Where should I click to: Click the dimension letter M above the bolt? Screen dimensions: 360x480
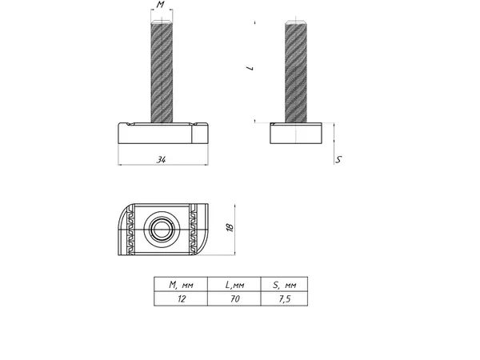tap(161, 6)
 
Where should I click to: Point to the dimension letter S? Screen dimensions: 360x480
tap(339, 160)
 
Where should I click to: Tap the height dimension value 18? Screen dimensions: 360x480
tap(230, 228)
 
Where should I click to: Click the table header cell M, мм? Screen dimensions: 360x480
tap(180, 284)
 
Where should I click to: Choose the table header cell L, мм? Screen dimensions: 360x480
tap(234, 284)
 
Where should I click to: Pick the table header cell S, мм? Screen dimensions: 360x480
tap(284, 284)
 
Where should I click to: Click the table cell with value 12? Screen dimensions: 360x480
tap(180, 298)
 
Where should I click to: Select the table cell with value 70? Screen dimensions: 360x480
tap(234, 298)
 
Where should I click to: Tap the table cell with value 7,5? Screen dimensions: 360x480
tap(284, 298)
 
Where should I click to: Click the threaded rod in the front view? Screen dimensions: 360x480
tap(162, 72)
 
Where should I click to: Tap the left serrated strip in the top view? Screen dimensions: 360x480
tap(130, 228)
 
